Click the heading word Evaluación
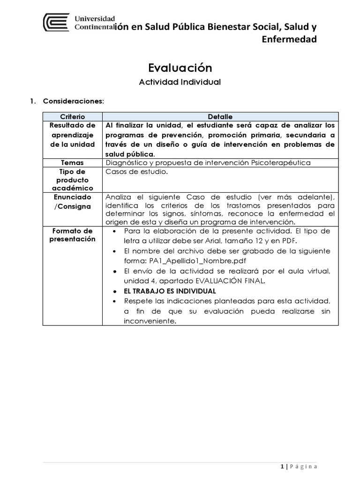point(180,68)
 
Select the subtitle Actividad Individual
point(180,82)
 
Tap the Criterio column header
point(73,116)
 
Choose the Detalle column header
point(220,116)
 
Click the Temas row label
point(73,163)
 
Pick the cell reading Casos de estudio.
point(136,172)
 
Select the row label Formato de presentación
point(73,235)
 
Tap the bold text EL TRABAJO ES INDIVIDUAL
point(170,291)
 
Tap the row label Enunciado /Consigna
point(73,202)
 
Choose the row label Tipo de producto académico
point(73,180)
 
